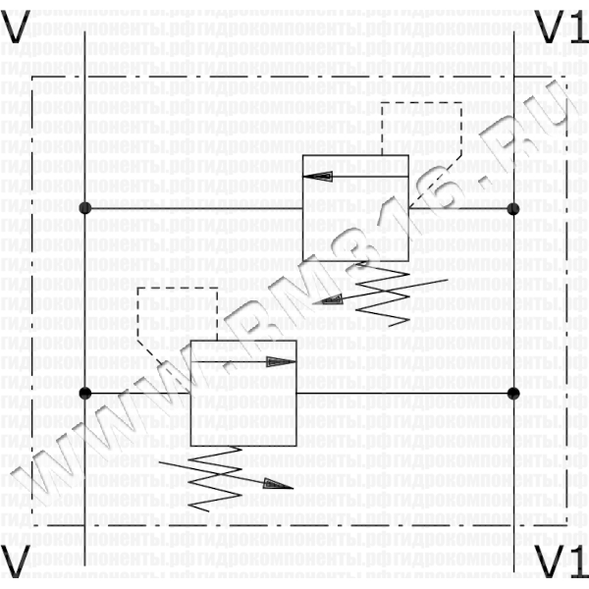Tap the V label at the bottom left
coord(17,562)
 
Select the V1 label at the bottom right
coord(560,562)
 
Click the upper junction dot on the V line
coord(85,208)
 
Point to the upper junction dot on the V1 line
coord(512,208)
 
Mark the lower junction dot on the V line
coord(85,393)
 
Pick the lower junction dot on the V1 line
coord(512,393)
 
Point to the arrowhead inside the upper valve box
coord(318,176)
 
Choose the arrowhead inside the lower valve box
coord(281,360)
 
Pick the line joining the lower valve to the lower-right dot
coord(402,393)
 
